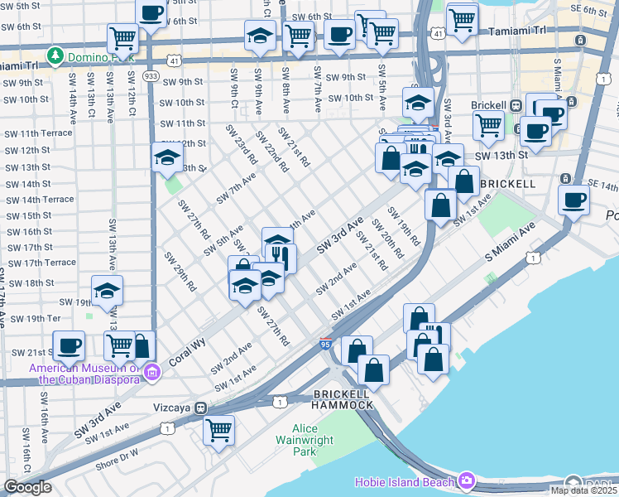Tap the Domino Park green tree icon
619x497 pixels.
[55, 55]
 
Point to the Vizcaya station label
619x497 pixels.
[172, 408]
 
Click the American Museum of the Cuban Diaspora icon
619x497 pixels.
[151, 374]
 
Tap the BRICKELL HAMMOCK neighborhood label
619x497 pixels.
[343, 398]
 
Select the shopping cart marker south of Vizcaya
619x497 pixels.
[218, 429]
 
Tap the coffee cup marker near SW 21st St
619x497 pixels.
[69, 345]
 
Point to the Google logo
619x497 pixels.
[27, 487]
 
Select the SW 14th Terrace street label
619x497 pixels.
[38, 200]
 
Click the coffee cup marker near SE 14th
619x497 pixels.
[573, 199]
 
